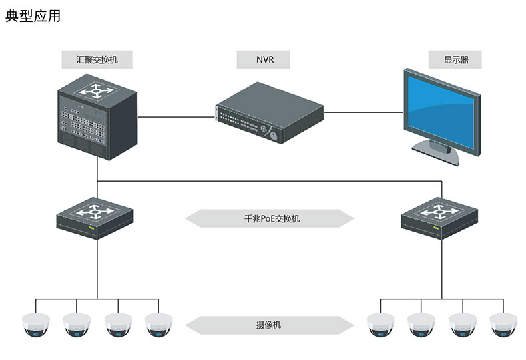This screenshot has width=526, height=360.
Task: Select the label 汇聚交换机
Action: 97,59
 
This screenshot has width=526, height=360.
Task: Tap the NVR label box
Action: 264,59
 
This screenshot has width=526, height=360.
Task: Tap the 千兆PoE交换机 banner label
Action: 268,218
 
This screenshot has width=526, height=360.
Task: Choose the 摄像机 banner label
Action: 268,325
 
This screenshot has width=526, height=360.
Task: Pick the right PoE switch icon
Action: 440,216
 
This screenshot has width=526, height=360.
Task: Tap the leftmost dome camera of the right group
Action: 380,324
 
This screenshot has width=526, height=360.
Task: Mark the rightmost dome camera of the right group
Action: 504,324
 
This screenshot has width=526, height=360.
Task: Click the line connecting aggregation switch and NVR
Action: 176,116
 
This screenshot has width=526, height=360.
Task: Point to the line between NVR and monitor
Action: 363,112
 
